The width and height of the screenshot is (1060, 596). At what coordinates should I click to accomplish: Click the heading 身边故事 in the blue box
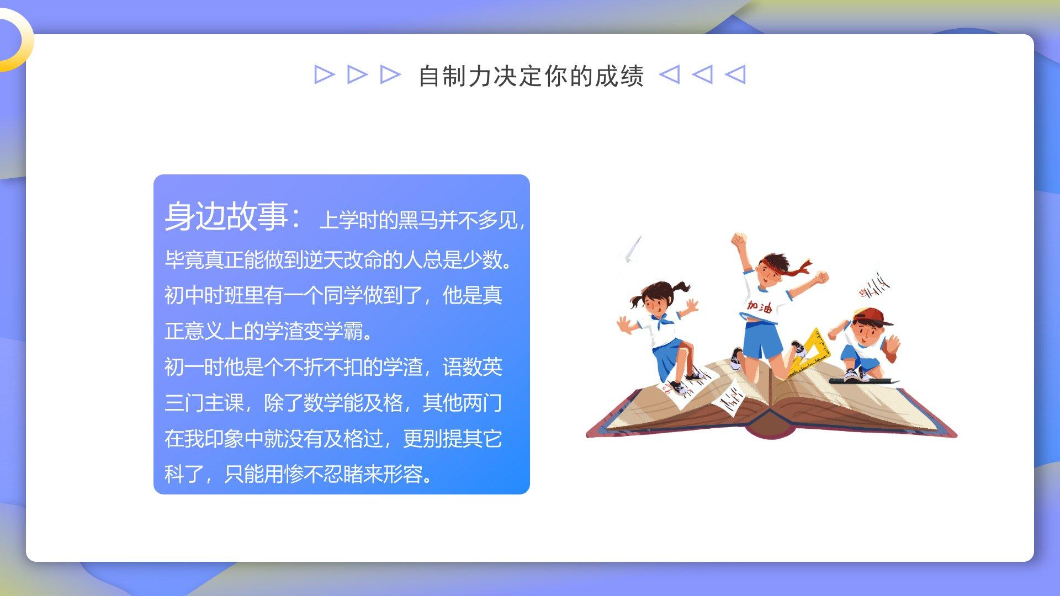(226, 216)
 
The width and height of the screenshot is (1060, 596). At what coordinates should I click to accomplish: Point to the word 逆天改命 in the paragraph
(342, 259)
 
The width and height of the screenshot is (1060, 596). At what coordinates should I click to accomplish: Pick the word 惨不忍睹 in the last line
(323, 474)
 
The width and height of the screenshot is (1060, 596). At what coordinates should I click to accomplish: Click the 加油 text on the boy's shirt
(760, 306)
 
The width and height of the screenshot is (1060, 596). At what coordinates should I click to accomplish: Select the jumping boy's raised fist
(738, 241)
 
